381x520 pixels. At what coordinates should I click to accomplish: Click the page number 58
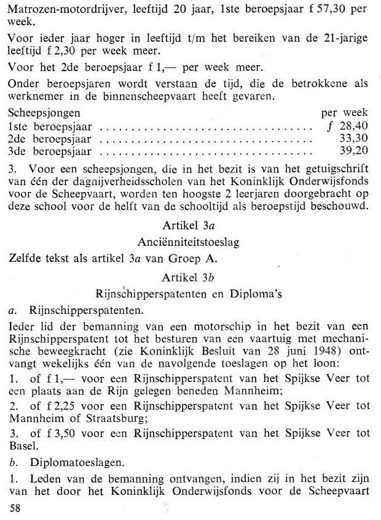click(15, 508)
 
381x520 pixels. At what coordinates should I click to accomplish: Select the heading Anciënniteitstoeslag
click(189, 242)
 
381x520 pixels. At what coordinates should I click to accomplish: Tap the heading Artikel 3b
click(189, 277)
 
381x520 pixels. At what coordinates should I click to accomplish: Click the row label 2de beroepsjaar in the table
click(49, 139)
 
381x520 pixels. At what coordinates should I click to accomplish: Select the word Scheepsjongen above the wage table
click(44, 113)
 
